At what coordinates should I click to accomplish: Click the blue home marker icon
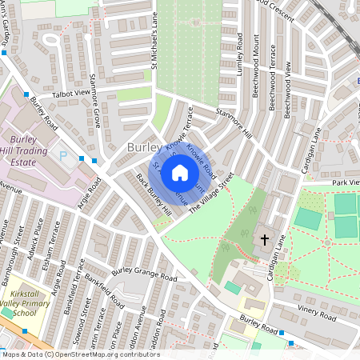(x=180, y=172)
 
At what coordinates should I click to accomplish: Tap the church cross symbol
(x=264, y=239)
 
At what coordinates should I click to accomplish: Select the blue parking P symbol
(x=64, y=155)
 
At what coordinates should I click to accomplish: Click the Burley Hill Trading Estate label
(x=31, y=150)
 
